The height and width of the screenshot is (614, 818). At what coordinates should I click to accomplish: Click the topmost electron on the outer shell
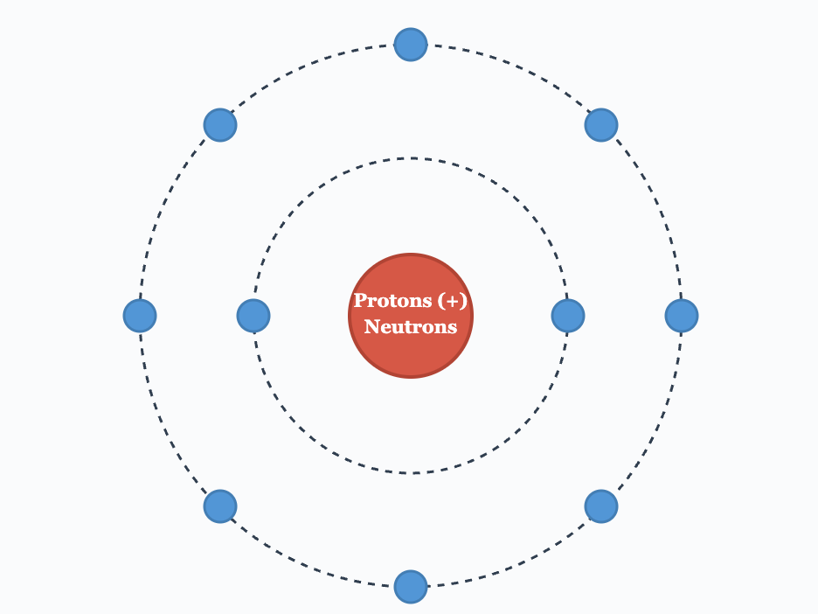tap(411, 45)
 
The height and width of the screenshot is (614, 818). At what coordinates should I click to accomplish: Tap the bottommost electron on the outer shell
tap(411, 586)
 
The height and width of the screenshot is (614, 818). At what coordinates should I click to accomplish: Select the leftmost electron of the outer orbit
tap(140, 316)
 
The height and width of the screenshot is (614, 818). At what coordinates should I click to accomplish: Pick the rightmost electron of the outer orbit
tap(682, 316)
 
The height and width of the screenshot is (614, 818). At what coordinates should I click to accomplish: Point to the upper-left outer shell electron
tap(220, 125)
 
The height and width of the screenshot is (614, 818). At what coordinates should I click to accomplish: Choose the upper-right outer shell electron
tap(601, 125)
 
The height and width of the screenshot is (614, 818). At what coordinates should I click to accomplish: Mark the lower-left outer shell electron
tap(220, 506)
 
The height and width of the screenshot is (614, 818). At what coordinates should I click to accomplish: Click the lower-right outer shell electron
tap(601, 506)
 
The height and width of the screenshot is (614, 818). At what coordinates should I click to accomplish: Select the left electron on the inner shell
tap(253, 316)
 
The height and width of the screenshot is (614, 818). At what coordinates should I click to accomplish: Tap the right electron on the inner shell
tap(567, 316)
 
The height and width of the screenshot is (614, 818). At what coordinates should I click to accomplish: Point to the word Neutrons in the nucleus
tap(411, 327)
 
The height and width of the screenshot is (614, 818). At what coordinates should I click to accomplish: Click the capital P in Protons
tap(360, 300)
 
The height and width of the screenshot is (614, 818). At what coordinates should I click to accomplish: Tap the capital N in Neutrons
tap(371, 326)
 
